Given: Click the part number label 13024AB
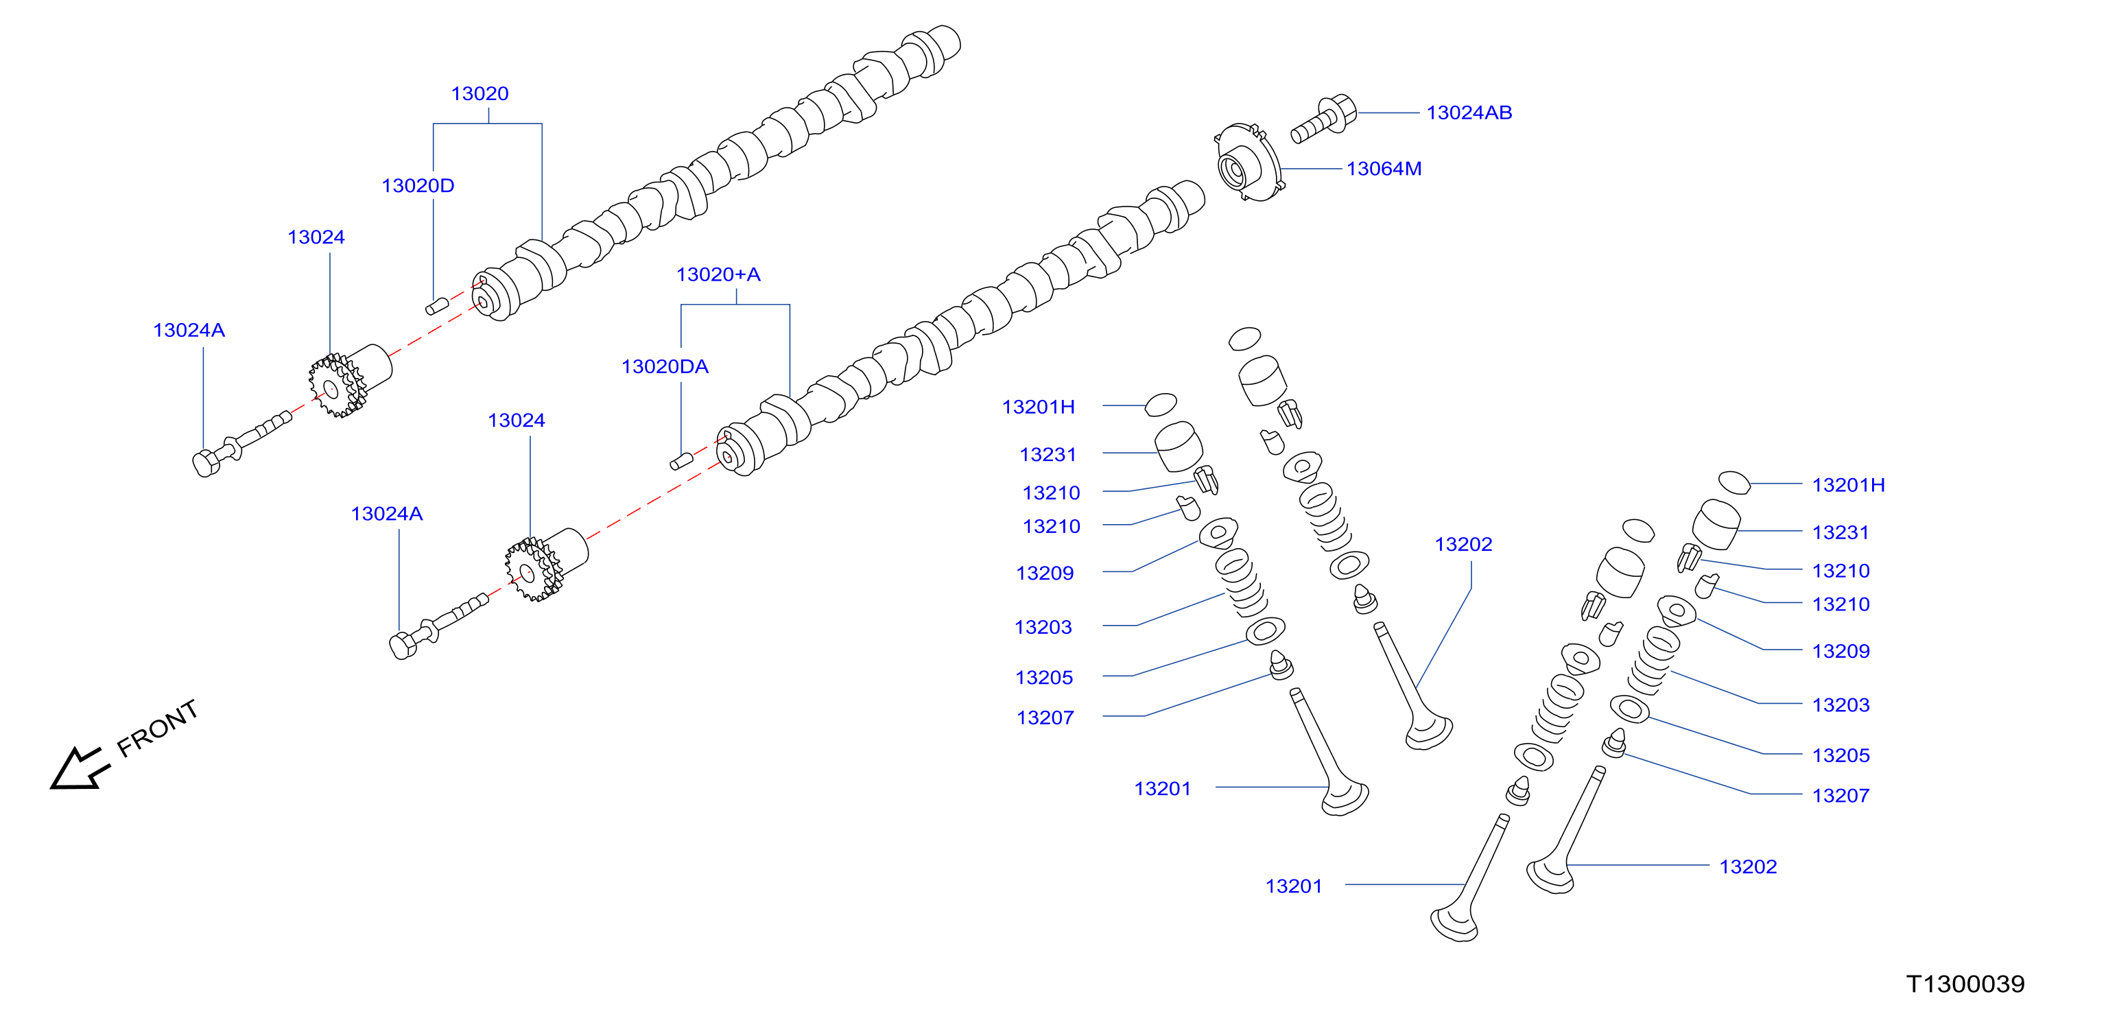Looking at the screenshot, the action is [x=1469, y=113].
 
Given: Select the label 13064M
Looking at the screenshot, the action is [x=1384, y=169].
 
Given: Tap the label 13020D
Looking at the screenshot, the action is [x=418, y=186].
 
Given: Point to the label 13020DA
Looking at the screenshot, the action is [x=665, y=366].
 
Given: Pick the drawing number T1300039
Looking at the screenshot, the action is [x=1965, y=984].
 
